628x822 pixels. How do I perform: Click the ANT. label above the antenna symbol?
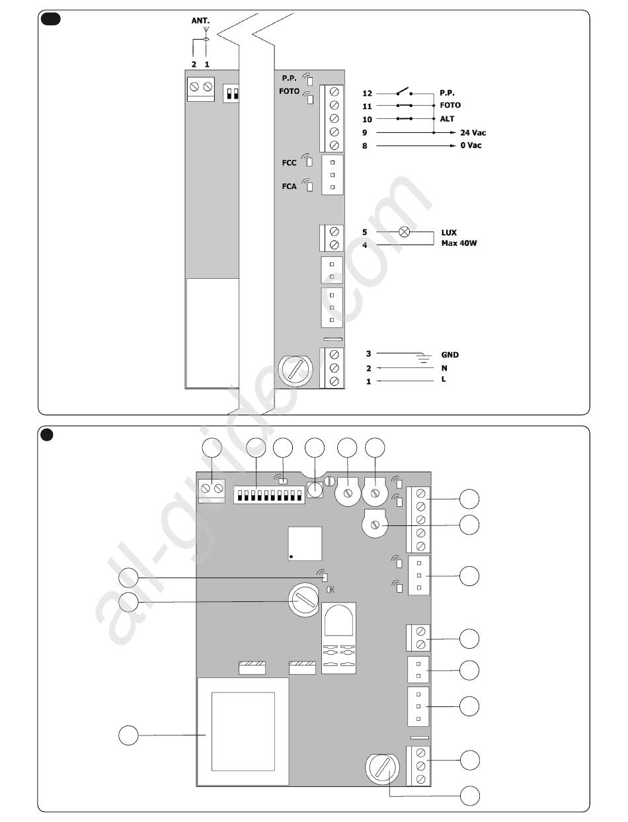tap(200, 20)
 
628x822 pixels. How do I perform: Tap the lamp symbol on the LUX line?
tap(404, 232)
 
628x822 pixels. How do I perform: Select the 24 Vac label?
tap(473, 133)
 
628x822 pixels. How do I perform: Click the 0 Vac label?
tap(471, 145)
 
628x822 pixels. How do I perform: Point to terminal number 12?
tap(367, 93)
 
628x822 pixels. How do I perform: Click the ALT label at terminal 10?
tap(447, 119)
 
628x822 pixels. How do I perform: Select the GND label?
tap(450, 355)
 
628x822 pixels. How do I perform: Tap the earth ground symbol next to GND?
tap(424, 358)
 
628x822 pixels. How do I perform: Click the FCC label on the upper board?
tap(289, 163)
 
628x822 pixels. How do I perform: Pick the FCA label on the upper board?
tap(289, 186)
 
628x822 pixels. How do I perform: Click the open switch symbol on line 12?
tap(404, 91)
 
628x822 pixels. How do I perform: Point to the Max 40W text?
tap(459, 243)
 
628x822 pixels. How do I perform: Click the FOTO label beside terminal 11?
tap(450, 105)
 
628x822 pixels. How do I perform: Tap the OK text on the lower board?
tap(330, 589)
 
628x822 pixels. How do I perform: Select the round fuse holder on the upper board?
tap(295, 371)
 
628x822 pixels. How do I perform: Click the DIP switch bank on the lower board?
tap(269, 495)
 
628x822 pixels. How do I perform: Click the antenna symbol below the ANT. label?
tap(206, 34)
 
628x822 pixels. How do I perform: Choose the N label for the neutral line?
tap(444, 368)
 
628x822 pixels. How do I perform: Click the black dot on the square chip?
tap(292, 556)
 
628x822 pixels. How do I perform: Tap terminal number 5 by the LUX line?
tap(364, 232)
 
